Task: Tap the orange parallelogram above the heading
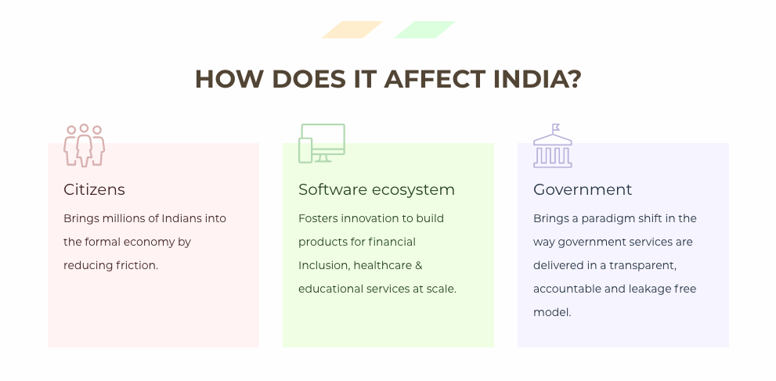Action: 352,30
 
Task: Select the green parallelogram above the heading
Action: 424,30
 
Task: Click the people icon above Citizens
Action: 84,145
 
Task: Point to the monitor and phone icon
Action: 321,143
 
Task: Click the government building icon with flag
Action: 552,146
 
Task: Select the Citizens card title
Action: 94,189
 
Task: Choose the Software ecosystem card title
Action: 376,189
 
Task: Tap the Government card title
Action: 582,189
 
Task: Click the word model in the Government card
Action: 551,312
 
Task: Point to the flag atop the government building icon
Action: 555,128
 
